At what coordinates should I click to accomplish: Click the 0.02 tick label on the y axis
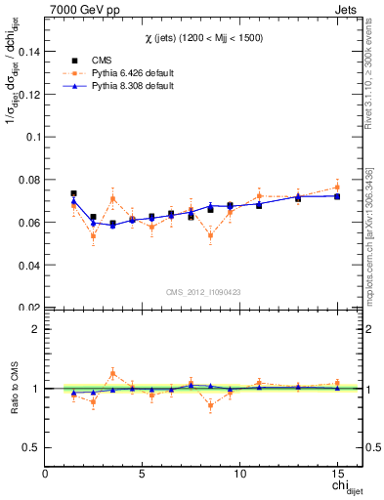(x=28, y=307)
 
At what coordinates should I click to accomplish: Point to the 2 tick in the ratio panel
(x=35, y=329)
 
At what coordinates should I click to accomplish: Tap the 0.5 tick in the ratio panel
(x=30, y=447)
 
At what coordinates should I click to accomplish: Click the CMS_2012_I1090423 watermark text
(x=202, y=291)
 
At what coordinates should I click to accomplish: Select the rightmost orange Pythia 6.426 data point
(x=337, y=187)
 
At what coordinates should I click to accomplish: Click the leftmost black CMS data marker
(x=73, y=193)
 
